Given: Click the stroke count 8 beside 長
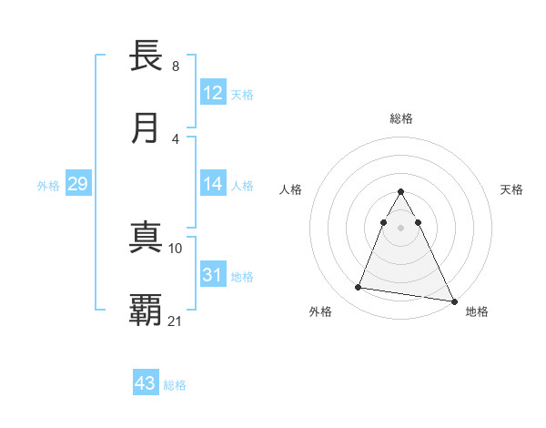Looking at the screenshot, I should coord(176,66).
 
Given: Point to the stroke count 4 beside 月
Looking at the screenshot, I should coord(176,138).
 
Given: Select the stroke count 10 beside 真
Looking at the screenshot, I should coord(176,248).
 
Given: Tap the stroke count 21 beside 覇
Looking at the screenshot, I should coord(176,321).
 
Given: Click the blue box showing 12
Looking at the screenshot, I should coord(213,93).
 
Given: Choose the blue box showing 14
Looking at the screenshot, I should coord(213,184).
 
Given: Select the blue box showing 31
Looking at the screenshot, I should coord(213,275).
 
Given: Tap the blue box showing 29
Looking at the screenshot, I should coord(77,184).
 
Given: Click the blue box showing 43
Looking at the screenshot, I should coord(146,383).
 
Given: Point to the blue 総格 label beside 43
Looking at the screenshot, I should coord(175,385).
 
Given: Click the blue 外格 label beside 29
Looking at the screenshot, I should coord(48,186).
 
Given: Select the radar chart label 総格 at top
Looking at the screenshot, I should coord(401,118).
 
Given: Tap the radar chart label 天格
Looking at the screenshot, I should coord(512,189).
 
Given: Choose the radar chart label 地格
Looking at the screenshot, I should coord(477,311).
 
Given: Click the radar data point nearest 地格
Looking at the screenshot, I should coord(453,301).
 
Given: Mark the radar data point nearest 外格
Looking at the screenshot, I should coord(358,288).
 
